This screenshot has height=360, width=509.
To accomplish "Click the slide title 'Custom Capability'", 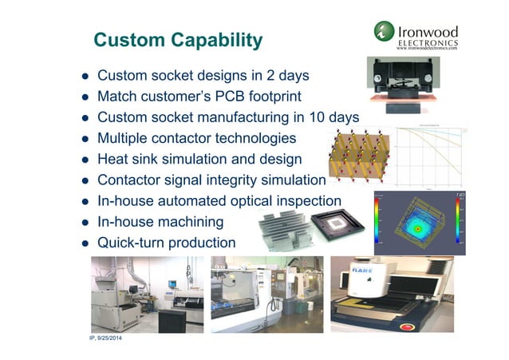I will coord(178,40).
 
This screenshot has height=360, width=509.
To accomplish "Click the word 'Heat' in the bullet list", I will coord(114,160).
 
